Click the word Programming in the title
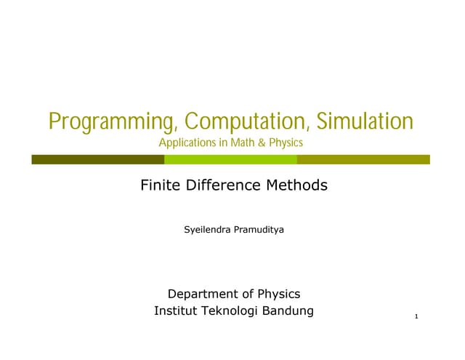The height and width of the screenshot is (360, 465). [105, 121]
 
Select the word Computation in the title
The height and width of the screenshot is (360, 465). [240, 121]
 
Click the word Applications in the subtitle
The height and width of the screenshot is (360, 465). [187, 143]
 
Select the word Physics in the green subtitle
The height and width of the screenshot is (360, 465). [286, 143]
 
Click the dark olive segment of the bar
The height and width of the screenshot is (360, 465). [97, 159]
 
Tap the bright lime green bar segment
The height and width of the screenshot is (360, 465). [230, 159]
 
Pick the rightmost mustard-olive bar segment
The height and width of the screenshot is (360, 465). [363, 159]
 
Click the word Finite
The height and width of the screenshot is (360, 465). [160, 185]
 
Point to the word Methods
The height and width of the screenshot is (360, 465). [296, 185]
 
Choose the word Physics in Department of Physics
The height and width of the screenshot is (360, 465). [280, 295]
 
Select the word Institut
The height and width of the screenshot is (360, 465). [175, 312]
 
